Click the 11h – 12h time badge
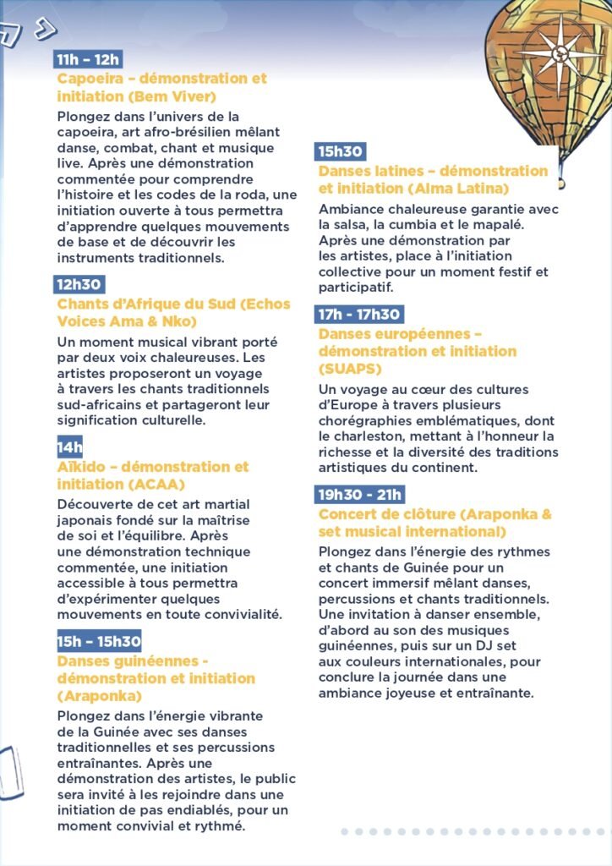[x=88, y=59]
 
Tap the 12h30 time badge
[x=79, y=284]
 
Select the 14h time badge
[x=69, y=447]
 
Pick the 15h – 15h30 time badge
[x=99, y=640]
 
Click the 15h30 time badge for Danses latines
[x=341, y=151]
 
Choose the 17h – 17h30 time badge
[x=359, y=315]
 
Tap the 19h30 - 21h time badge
[x=360, y=494]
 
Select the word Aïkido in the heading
[x=82, y=467]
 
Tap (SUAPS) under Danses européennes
[x=350, y=370]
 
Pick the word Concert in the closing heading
[x=349, y=514]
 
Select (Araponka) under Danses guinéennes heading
[x=99, y=696]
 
